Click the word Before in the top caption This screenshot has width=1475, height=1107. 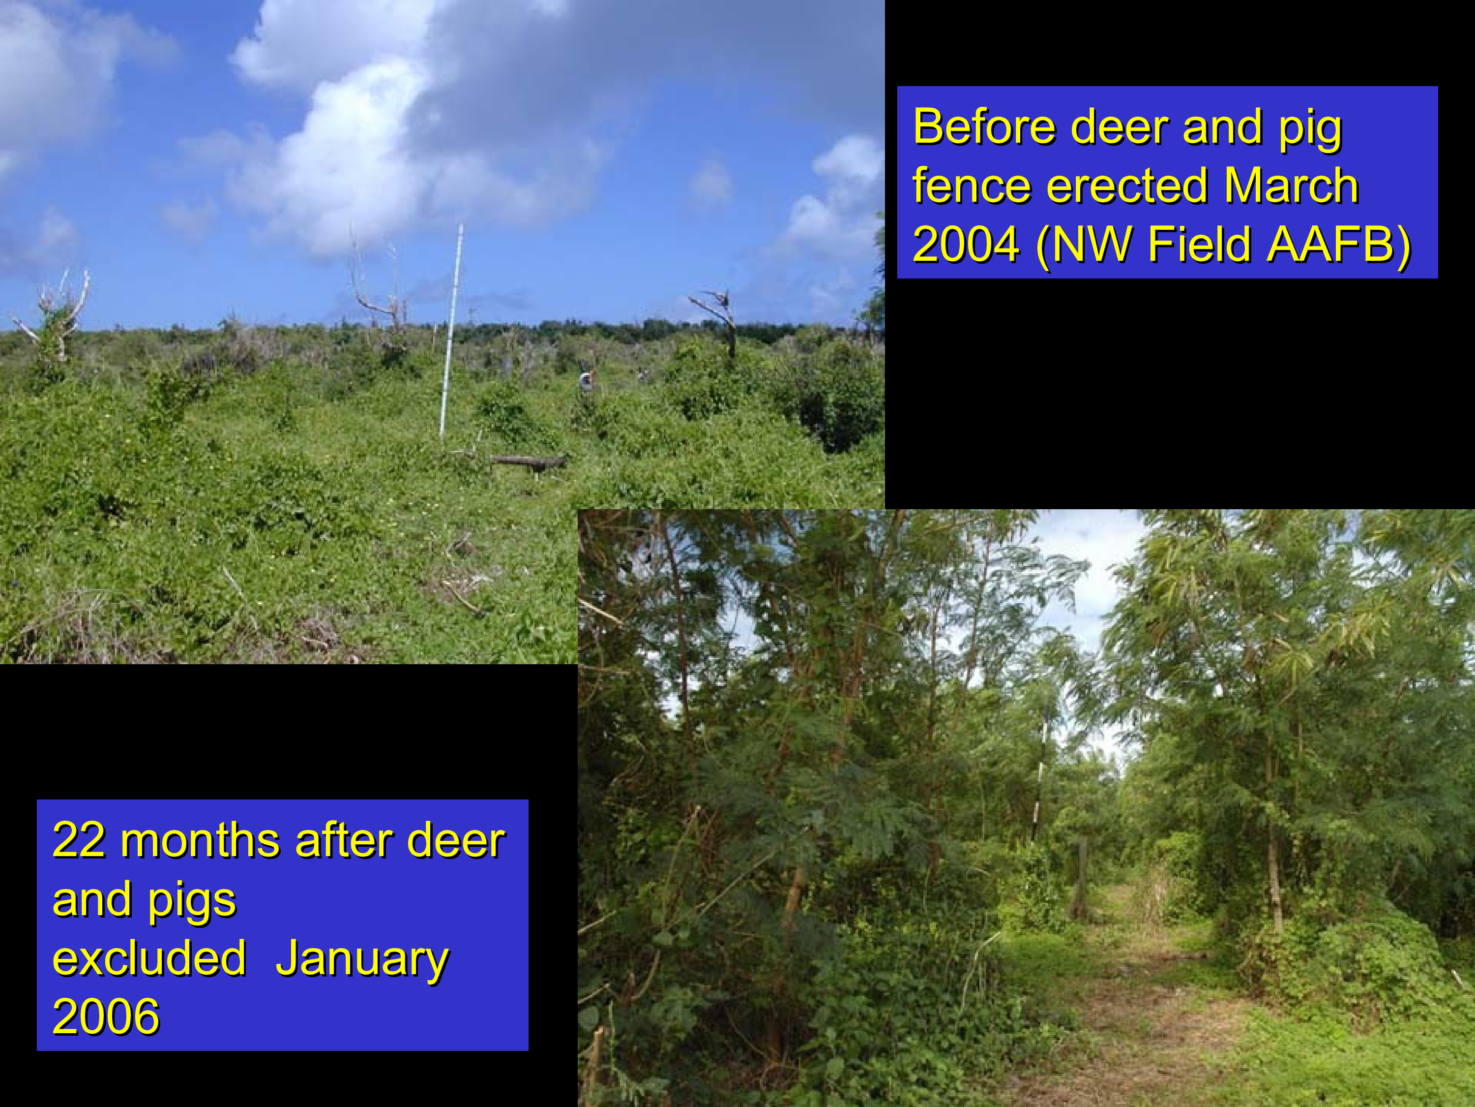984,127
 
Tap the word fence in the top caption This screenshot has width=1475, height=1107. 972,185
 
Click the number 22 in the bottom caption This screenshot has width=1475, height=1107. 79,840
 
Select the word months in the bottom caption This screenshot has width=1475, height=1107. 200,840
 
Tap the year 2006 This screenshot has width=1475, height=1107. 106,1016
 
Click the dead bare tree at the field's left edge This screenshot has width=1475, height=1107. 57,320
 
